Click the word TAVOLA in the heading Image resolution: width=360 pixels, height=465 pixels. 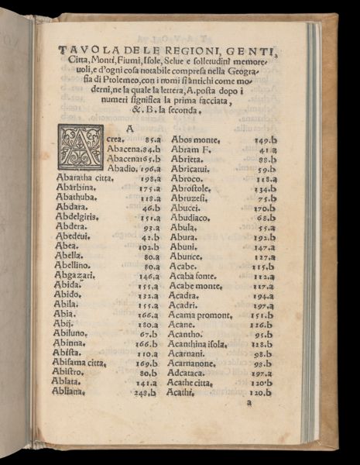point(83,51)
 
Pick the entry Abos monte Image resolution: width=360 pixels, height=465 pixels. point(196,139)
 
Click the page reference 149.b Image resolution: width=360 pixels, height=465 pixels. point(266,140)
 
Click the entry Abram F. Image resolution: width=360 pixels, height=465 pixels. point(190,150)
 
